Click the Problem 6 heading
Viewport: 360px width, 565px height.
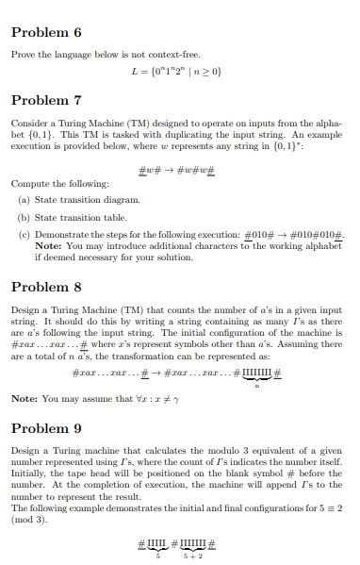click(46, 32)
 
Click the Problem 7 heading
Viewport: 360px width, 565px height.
click(46, 100)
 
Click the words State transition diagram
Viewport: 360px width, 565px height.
click(78, 200)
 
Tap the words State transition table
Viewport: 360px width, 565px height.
click(74, 215)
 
